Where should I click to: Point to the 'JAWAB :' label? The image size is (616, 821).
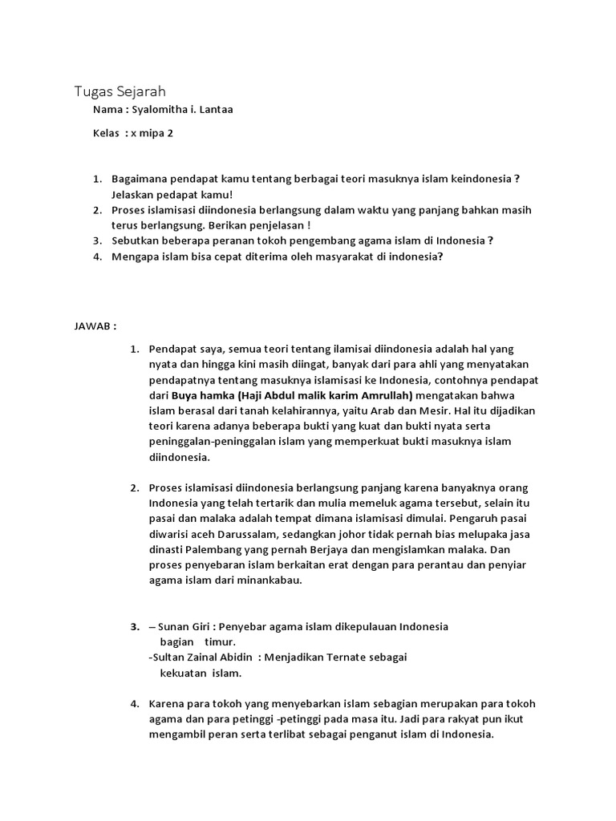pyautogui.click(x=95, y=327)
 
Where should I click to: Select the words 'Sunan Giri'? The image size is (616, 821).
pyautogui.click(x=182, y=626)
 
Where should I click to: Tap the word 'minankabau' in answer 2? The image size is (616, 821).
pyautogui.click(x=271, y=580)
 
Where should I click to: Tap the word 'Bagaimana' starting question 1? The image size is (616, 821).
pyautogui.click(x=140, y=179)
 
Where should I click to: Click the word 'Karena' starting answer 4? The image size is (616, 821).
pyautogui.click(x=166, y=704)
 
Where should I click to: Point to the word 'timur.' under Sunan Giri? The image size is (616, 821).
pyautogui.click(x=220, y=642)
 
